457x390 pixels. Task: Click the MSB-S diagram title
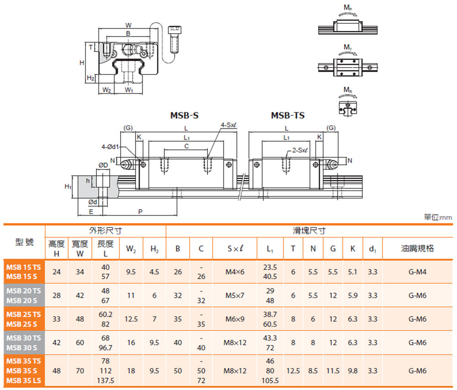pyautogui.click(x=184, y=116)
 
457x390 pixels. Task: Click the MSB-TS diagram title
pyautogui.click(x=287, y=116)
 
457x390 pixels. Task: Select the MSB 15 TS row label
pyautogui.click(x=23, y=267)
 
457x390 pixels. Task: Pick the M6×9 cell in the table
pyautogui.click(x=235, y=319)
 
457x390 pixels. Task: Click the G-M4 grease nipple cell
pyautogui.click(x=417, y=272)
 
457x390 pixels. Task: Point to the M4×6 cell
pyautogui.click(x=235, y=272)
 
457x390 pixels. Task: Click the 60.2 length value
pyautogui.click(x=106, y=314)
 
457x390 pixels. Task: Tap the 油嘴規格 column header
pyautogui.click(x=417, y=248)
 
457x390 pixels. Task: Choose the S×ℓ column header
pyautogui.click(x=235, y=248)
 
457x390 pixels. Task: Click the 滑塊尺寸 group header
pyautogui.click(x=309, y=231)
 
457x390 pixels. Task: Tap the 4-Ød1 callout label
pyautogui.click(x=110, y=147)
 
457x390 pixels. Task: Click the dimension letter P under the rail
pyautogui.click(x=140, y=211)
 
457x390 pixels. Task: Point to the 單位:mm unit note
pyautogui.click(x=438, y=218)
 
